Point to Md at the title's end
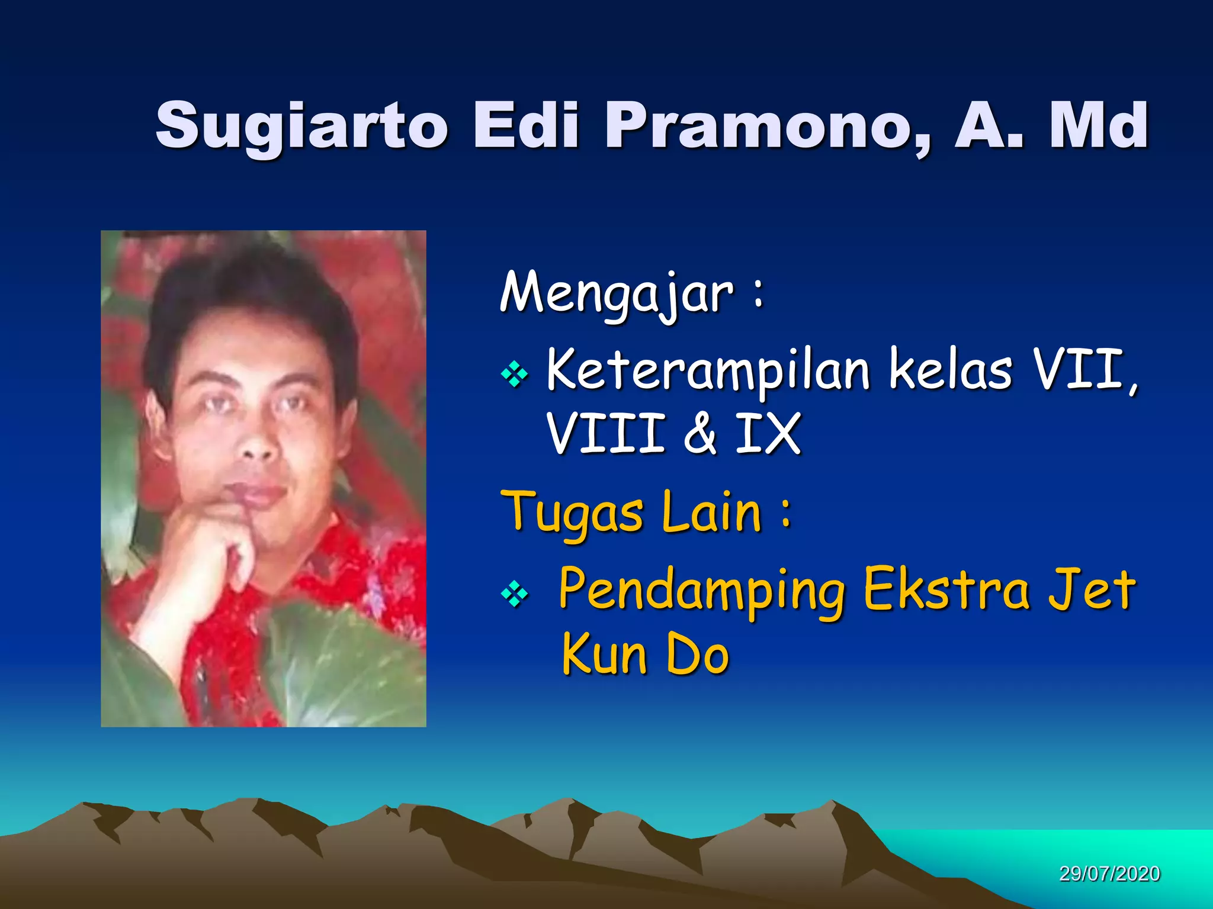(1098, 125)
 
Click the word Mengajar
(617, 292)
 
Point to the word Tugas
(572, 512)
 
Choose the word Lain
(711, 511)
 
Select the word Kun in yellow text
(604, 654)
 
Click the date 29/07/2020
(1109, 874)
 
